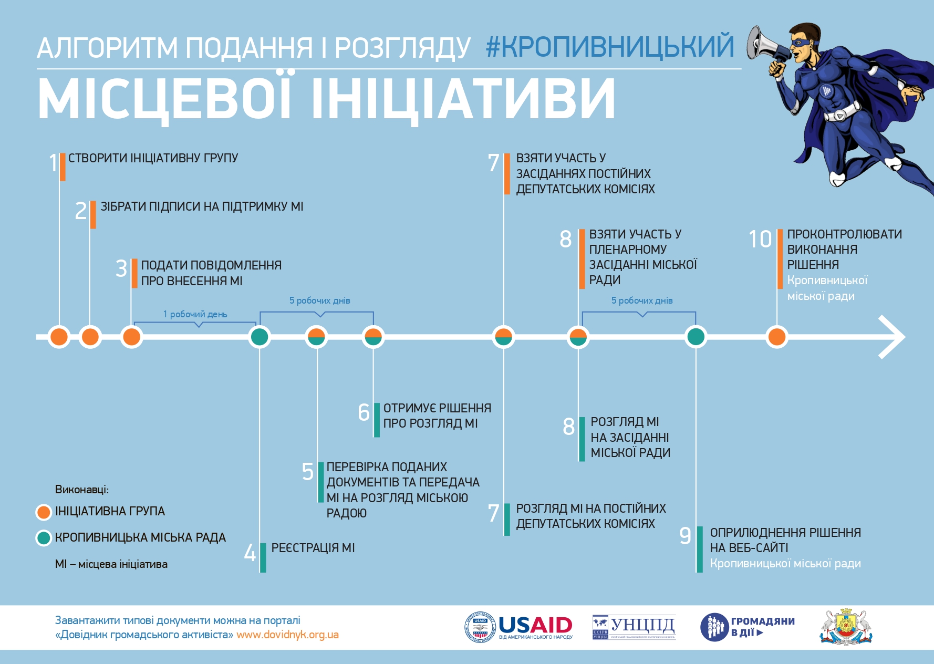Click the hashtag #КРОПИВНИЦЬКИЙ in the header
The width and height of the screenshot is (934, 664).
click(x=610, y=46)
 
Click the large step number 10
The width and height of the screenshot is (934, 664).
click(x=760, y=240)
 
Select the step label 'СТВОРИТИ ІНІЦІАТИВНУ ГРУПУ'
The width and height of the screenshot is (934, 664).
click(x=153, y=158)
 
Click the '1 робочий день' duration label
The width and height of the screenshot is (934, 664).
click(x=195, y=314)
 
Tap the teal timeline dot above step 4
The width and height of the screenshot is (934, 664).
click(x=260, y=337)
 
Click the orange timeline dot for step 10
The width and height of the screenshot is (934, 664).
click(x=777, y=337)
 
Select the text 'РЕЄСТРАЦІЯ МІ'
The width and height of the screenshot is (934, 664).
click(x=313, y=548)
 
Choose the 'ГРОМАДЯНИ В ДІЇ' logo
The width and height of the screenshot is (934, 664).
click(x=748, y=627)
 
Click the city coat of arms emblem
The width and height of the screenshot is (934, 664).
click(x=846, y=627)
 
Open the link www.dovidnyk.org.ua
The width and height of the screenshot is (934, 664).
click(x=287, y=635)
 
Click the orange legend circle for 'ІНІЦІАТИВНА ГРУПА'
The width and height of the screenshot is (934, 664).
click(x=44, y=512)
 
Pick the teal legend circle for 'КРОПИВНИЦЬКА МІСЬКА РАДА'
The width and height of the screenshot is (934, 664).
click(x=44, y=538)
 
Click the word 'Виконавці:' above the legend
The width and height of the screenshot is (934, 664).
click(x=82, y=490)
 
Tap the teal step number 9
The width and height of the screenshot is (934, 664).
click(x=685, y=535)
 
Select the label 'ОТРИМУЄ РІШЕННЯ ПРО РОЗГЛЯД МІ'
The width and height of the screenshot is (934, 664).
click(x=437, y=416)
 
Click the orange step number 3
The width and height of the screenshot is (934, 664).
click(x=121, y=268)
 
